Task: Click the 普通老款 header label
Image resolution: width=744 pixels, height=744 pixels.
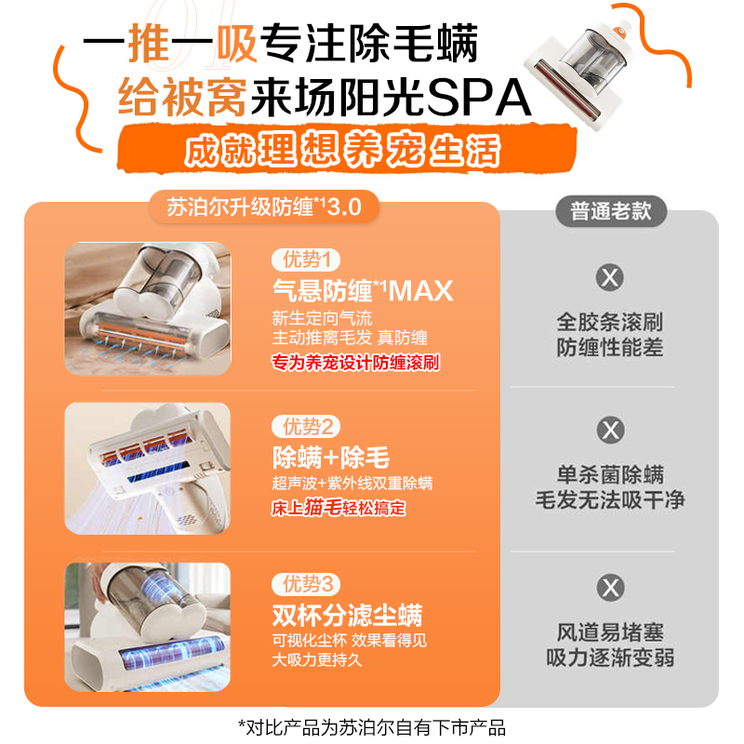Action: [611, 211]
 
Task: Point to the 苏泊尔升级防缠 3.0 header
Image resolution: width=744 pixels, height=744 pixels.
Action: [263, 206]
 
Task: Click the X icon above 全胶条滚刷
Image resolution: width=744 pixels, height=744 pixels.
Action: [610, 277]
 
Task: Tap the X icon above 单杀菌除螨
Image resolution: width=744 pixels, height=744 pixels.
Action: [610, 431]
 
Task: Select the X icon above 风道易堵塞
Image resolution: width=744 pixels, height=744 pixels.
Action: [610, 588]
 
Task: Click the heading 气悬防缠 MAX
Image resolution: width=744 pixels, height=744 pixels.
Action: [363, 290]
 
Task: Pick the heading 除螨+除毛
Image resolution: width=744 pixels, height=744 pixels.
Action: [330, 458]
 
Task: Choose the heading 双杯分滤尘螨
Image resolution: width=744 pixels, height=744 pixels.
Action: [347, 615]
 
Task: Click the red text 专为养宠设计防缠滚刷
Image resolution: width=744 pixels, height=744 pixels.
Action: [354, 362]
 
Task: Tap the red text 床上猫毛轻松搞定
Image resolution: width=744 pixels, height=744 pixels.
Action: [339, 508]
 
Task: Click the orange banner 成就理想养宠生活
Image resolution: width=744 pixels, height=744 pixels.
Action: [342, 151]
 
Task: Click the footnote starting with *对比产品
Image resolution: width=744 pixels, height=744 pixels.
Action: [372, 727]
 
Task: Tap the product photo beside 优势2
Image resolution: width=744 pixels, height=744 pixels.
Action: [147, 468]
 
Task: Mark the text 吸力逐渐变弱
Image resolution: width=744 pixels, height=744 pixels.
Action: [610, 658]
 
